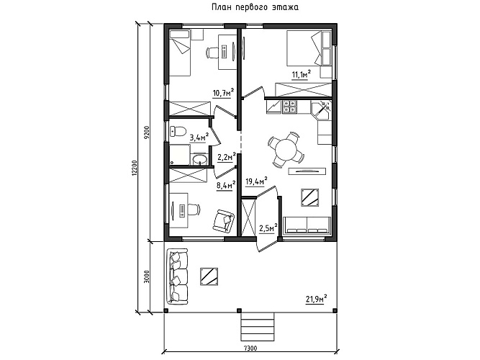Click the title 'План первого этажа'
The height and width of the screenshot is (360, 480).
pos(255,7)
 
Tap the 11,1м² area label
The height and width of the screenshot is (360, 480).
pos(302,74)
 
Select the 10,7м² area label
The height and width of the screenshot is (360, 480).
pos(224,93)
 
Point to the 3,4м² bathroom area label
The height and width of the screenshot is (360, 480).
pos(199,138)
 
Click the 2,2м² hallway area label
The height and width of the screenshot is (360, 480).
pos(227,157)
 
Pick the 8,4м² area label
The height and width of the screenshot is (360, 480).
pos(226,185)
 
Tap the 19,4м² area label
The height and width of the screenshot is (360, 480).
pos(256,181)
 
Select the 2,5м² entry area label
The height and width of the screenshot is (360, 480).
pos(268,228)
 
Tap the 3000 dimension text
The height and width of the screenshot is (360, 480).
pos(147,276)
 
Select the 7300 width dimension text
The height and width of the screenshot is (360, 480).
pos(250,348)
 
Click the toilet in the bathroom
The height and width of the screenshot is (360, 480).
pos(178,132)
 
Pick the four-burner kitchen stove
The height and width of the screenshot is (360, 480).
pos(289,107)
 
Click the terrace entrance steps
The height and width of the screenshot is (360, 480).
pos(258,327)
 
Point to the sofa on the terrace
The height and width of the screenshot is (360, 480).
pos(177,276)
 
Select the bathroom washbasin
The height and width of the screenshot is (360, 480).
pos(199,159)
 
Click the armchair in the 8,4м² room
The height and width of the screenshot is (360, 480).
pos(223,220)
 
